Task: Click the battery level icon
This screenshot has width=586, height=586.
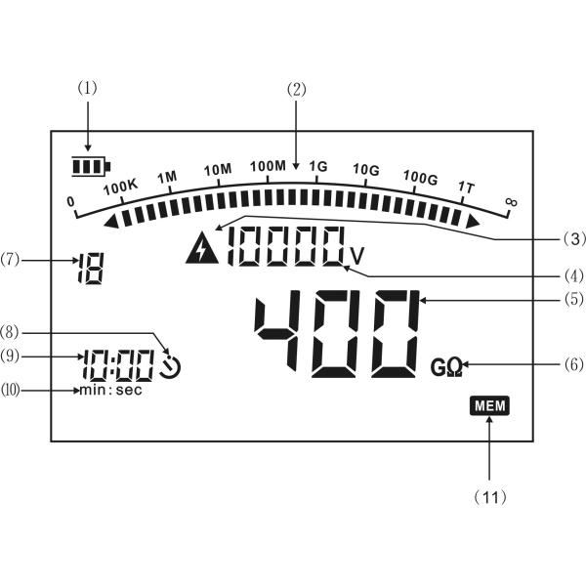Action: (91, 166)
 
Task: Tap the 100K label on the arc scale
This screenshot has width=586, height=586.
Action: (120, 187)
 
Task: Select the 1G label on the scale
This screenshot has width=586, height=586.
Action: (318, 166)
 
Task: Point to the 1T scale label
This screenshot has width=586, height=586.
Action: (467, 188)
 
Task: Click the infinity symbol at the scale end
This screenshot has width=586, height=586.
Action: (511, 202)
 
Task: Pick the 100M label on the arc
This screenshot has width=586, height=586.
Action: (268, 166)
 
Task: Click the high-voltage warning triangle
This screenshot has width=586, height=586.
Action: (202, 248)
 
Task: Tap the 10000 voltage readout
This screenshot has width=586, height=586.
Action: (286, 246)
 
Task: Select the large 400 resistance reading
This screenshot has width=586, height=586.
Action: (337, 333)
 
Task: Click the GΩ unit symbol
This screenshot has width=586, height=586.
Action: (446, 367)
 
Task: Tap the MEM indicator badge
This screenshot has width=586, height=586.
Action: (489, 405)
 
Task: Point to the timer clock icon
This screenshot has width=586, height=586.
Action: (170, 366)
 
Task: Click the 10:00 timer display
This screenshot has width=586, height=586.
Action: (118, 365)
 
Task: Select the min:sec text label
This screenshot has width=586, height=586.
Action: (111, 391)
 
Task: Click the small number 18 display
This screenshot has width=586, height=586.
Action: (90, 269)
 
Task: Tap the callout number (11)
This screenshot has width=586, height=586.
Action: (490, 497)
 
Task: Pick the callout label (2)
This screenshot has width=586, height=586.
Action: (296, 90)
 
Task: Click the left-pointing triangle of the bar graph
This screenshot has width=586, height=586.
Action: (111, 222)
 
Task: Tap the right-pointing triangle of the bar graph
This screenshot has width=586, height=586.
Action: (473, 222)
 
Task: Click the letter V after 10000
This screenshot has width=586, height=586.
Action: (357, 256)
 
